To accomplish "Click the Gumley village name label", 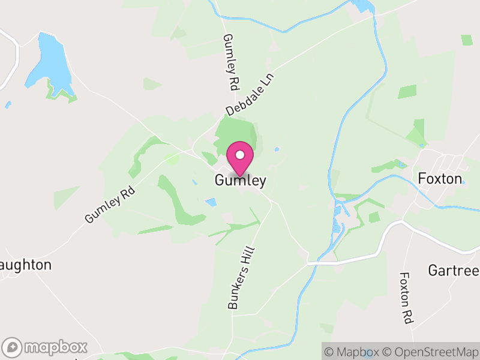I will click(240, 181).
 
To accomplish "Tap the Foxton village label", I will click(440, 179).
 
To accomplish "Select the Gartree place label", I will click(454, 270).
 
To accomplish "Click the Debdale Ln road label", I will click(250, 95).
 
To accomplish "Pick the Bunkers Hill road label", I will click(242, 278).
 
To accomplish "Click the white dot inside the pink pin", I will click(240, 155).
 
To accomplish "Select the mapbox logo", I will click(45, 347).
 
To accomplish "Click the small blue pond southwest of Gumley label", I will click(211, 202).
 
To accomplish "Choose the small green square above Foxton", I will click(467, 40).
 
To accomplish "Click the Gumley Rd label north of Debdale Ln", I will click(230, 62).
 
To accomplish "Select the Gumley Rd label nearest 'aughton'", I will click(110, 205).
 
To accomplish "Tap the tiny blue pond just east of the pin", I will click(276, 149).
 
